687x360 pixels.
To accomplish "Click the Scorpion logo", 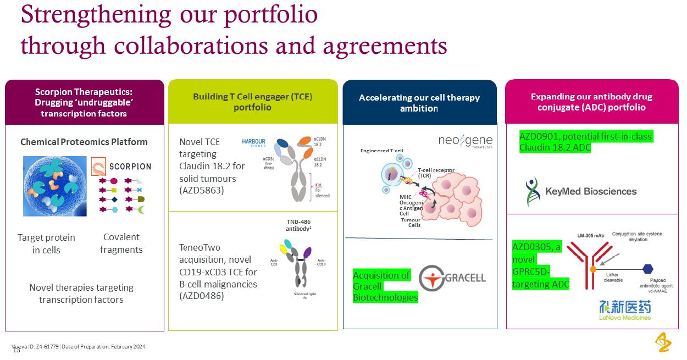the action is coord(121,166).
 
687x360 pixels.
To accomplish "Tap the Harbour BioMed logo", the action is coord(254,142).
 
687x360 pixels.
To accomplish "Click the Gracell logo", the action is coord(452,278).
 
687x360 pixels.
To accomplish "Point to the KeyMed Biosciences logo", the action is coord(581,191).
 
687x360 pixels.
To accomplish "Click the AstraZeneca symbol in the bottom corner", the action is coord(663,342).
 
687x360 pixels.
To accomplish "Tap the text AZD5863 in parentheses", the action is coord(202,191).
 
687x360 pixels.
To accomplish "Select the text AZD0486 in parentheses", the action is coord(202,296).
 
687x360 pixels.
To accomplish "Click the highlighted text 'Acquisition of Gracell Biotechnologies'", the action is coord(385,286).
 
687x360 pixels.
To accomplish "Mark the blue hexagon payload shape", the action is coord(648,269).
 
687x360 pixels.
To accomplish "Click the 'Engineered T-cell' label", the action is coord(381,150).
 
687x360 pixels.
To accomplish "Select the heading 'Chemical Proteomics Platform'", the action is coord(84,142).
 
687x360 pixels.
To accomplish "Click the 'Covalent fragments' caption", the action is coord(121,243).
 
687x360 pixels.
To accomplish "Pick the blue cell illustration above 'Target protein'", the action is coord(55,186).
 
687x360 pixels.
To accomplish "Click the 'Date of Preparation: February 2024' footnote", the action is coord(103,347).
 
